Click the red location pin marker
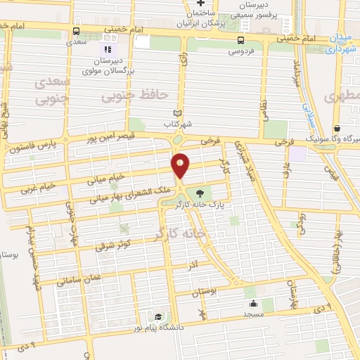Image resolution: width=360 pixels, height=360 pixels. click(181, 165)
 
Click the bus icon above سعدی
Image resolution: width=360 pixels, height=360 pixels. click(77, 30)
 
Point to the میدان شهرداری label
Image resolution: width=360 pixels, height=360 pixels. click(345, 45)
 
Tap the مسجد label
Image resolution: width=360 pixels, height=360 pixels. click(253, 316)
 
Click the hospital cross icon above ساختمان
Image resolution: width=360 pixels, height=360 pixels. click(201, 5)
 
